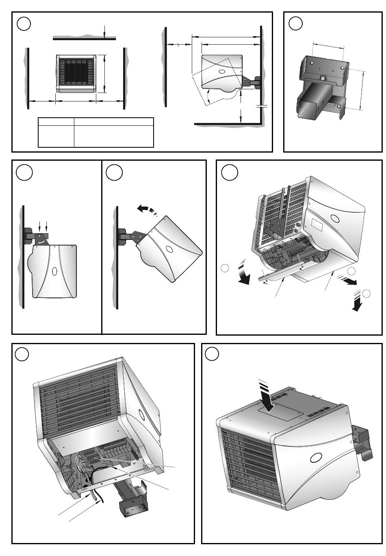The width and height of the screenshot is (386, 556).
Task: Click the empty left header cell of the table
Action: (56, 121)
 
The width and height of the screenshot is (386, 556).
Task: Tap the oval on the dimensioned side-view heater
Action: (222, 71)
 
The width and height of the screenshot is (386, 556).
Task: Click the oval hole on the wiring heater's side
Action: (141, 415)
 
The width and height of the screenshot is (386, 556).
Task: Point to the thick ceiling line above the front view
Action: (84, 39)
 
